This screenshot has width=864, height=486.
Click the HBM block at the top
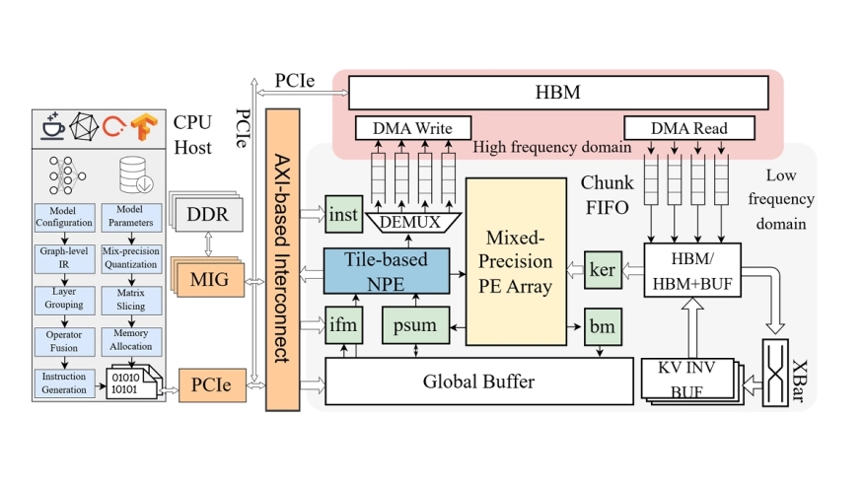tap(557, 94)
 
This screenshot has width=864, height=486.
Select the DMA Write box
tap(413, 128)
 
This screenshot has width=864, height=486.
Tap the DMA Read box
tap(689, 128)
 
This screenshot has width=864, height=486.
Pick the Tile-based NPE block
tap(386, 269)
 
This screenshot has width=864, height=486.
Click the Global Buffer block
tap(478, 381)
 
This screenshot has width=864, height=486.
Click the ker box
tap(601, 269)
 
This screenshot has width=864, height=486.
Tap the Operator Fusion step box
tap(64, 341)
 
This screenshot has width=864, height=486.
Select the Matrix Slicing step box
tap(131, 299)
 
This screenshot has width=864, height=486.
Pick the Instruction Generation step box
tap(64, 383)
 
